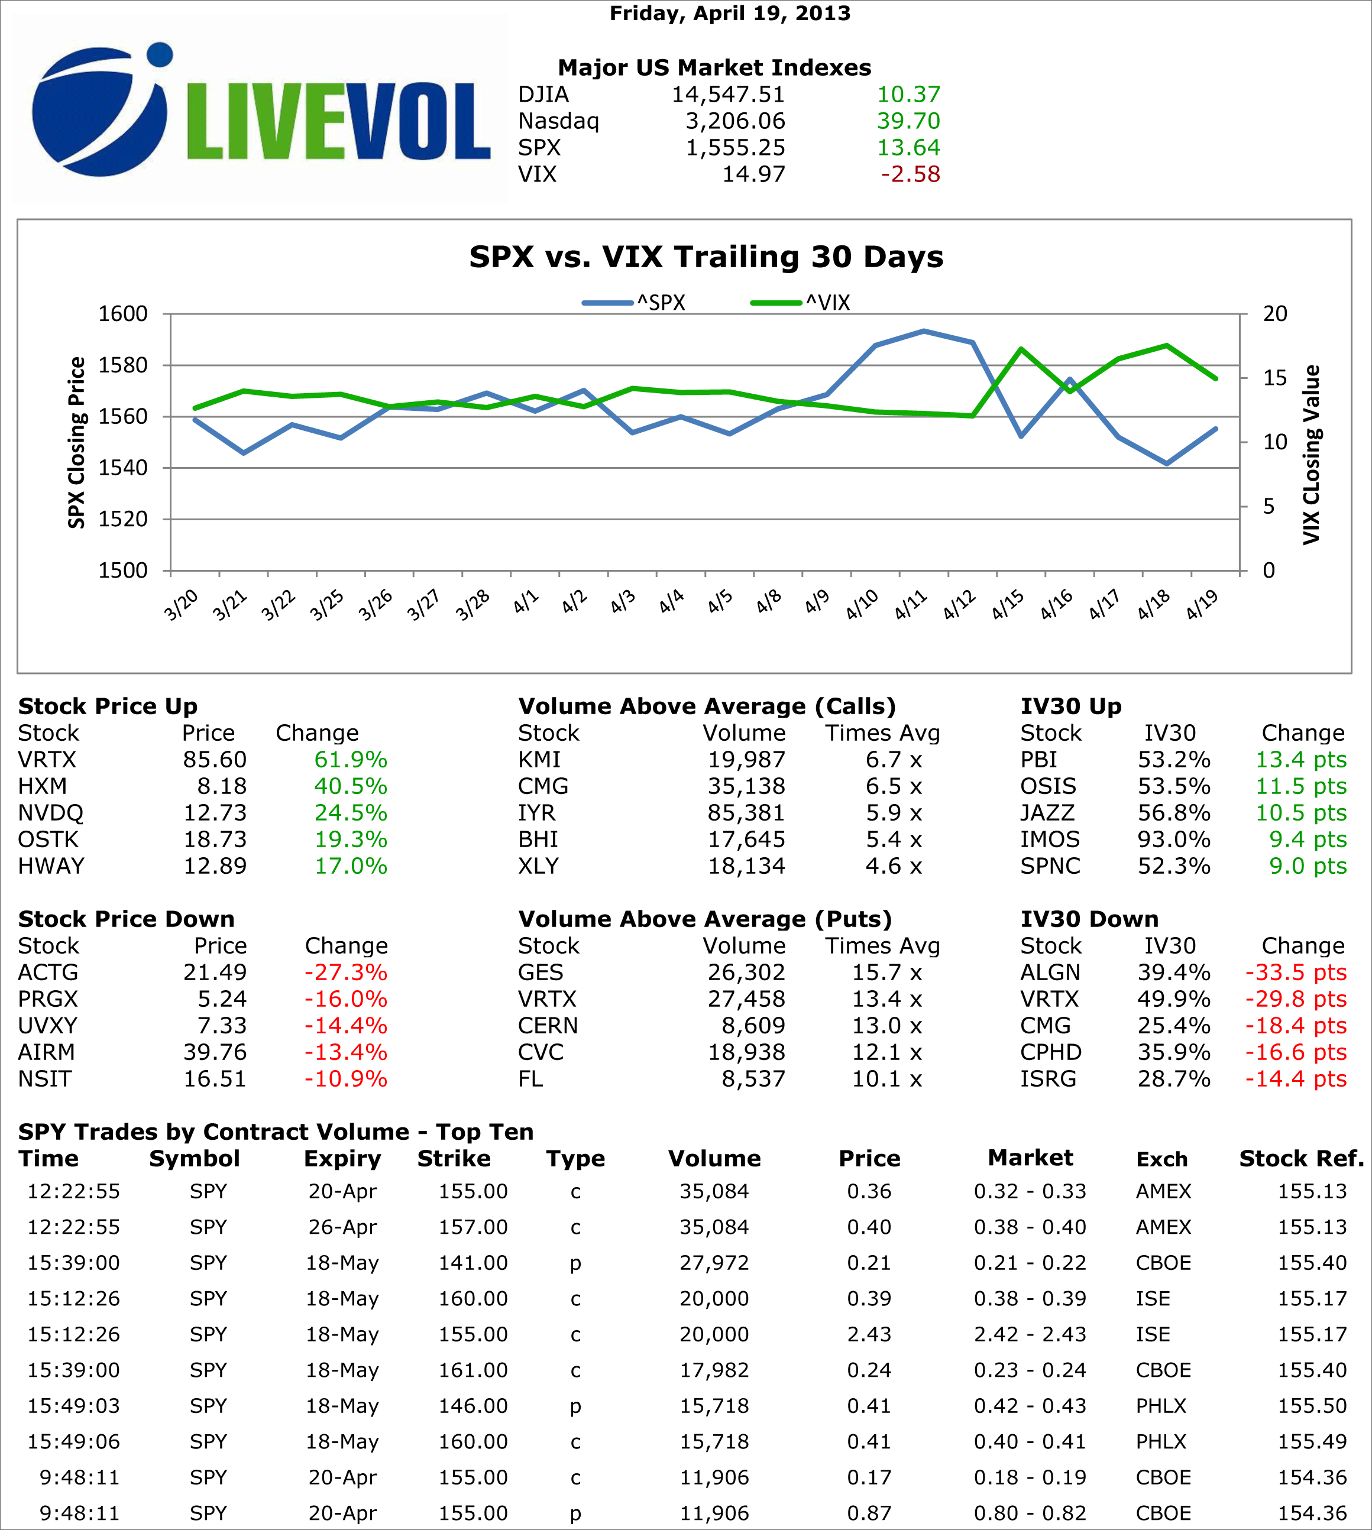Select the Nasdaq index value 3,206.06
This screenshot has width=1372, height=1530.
[734, 121]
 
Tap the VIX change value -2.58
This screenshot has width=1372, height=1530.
[910, 174]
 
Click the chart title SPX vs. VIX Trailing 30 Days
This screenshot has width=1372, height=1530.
[706, 257]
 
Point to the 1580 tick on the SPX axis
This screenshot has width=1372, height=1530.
[123, 365]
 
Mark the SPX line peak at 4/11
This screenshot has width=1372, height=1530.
[924, 331]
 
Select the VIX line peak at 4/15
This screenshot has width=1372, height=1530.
[1021, 349]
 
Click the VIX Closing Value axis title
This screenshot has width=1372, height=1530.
[1312, 455]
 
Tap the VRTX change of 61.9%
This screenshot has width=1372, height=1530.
[351, 760]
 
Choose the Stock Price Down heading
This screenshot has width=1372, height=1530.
[126, 919]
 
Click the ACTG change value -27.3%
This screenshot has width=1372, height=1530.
[345, 973]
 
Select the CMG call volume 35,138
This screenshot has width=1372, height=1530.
[746, 786]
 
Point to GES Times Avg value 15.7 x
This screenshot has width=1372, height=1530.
[886, 973]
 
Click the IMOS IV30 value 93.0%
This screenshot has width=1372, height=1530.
[1174, 839]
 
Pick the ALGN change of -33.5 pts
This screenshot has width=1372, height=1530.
[1295, 973]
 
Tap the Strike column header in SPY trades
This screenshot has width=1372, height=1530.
[454, 1158]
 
